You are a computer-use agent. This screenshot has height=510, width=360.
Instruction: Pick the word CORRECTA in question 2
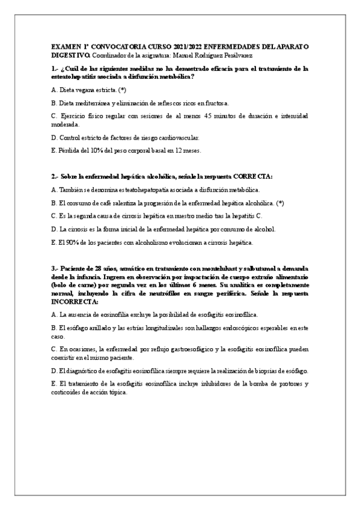coord(252,177)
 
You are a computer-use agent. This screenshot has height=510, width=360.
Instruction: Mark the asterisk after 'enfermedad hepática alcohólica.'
coord(281,203)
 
